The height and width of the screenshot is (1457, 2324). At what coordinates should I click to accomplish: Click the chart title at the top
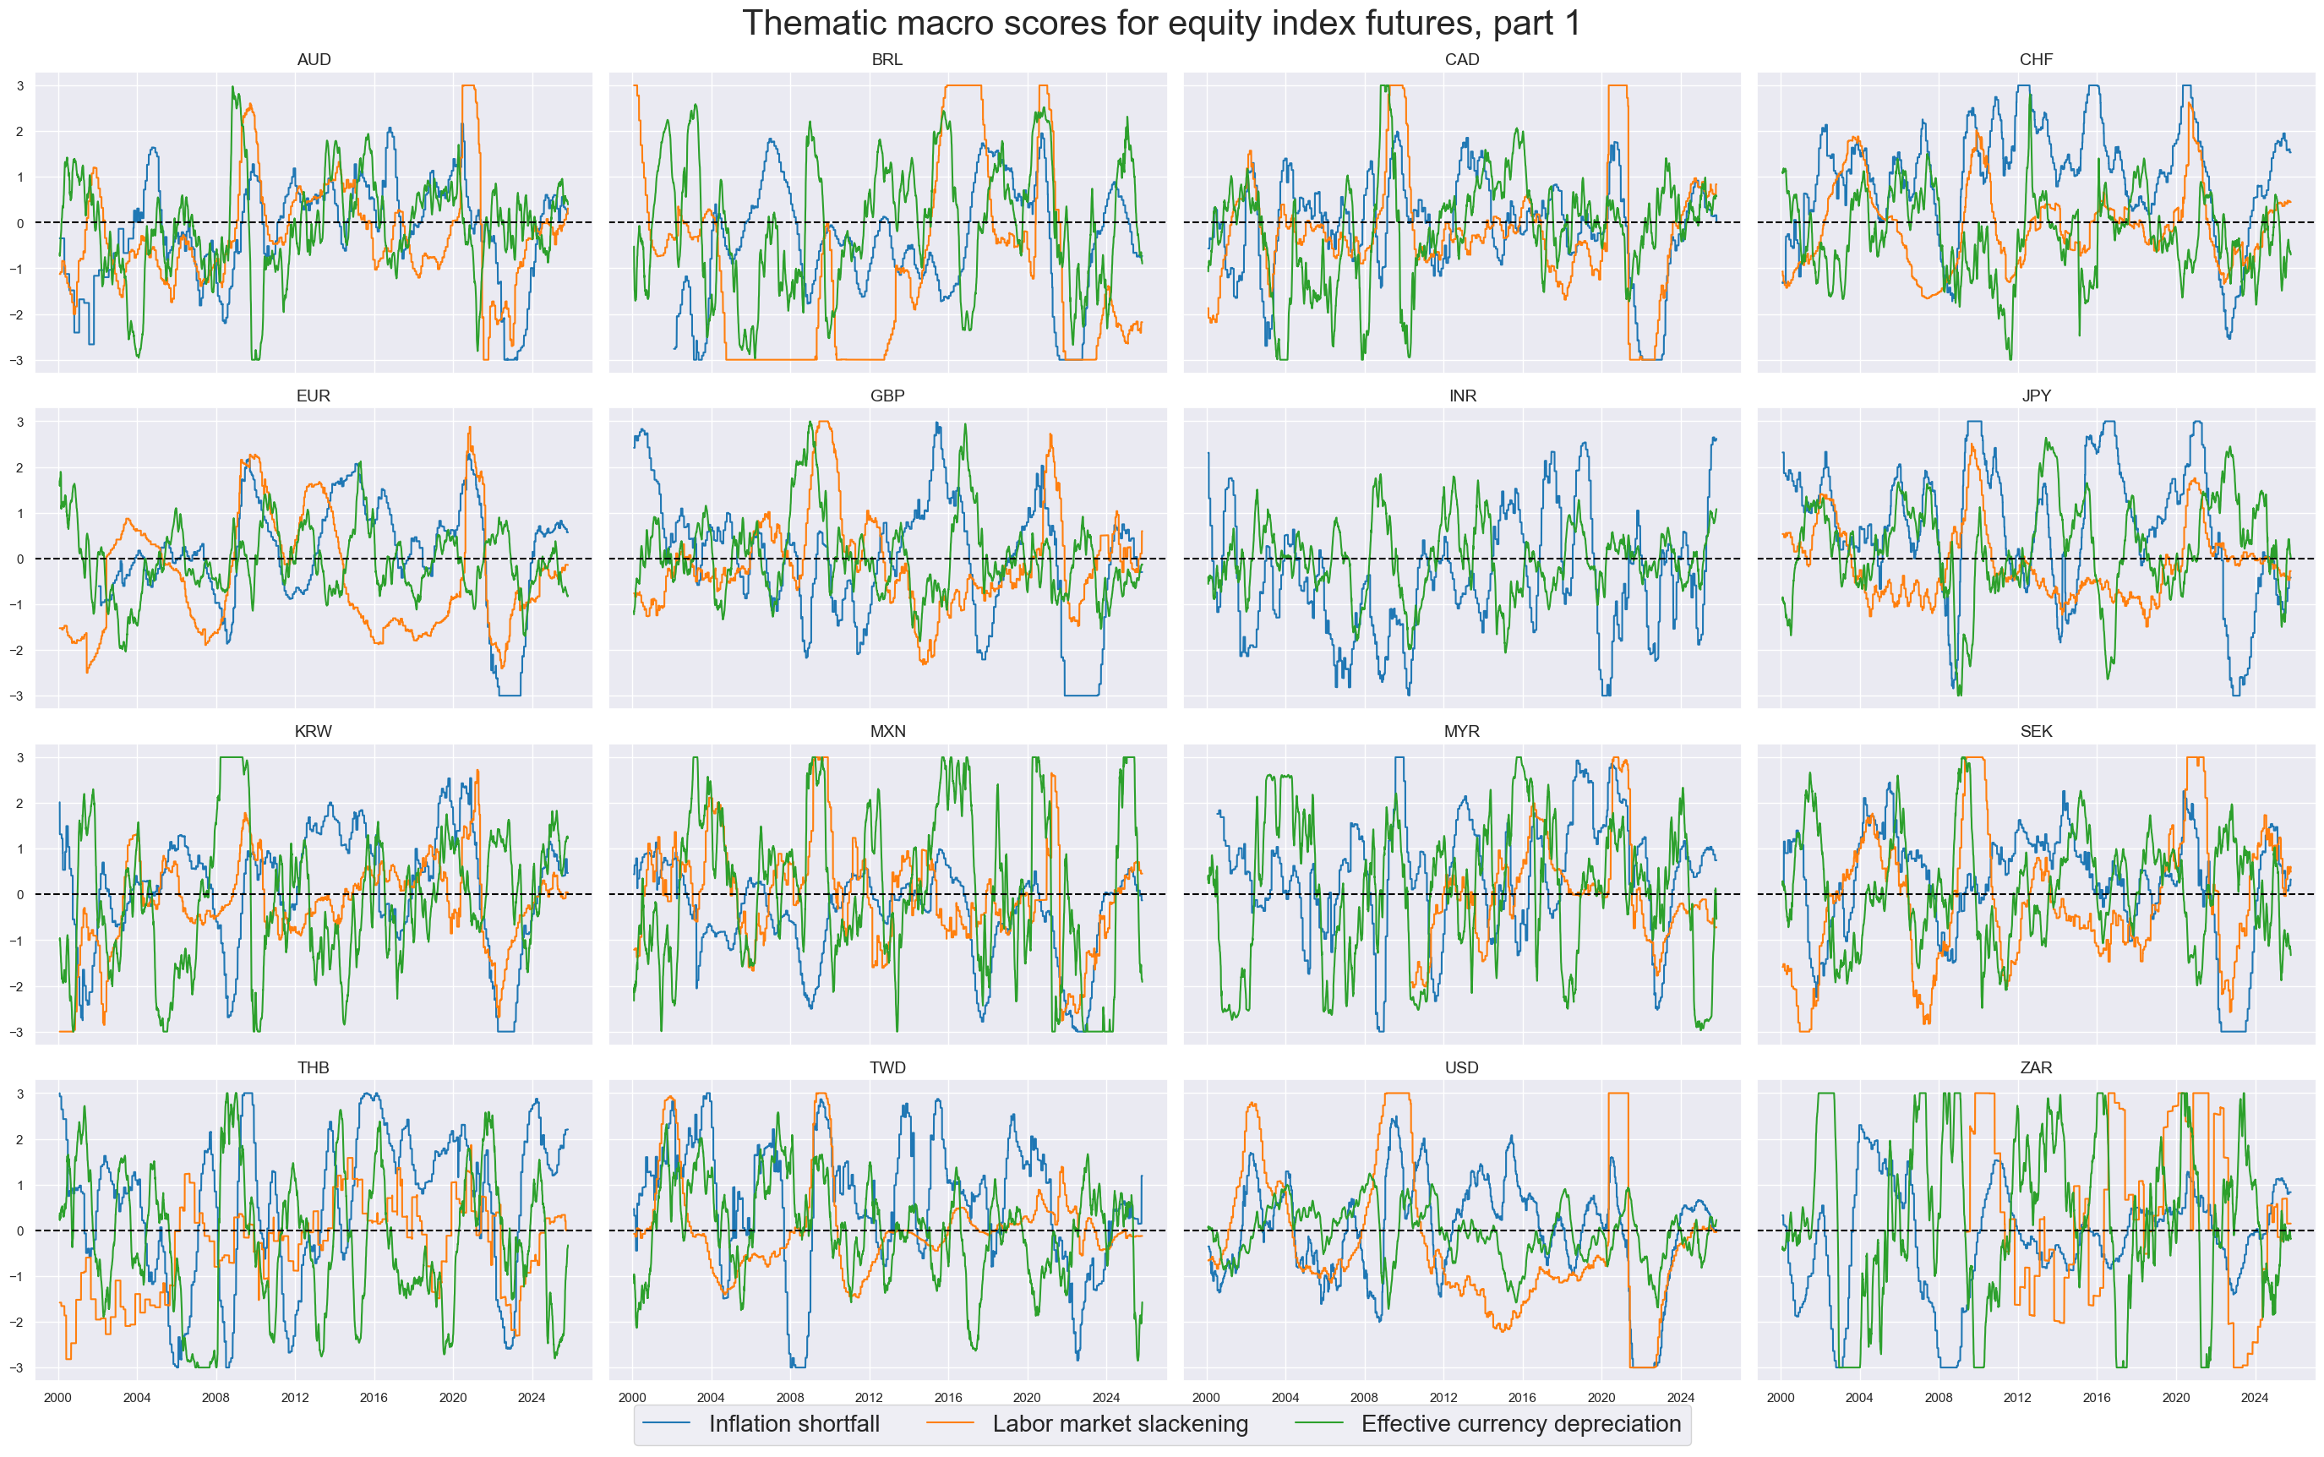[x=1161, y=23]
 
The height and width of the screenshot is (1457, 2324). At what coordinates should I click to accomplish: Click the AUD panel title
[x=314, y=60]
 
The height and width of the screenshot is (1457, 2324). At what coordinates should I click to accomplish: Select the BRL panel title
[x=887, y=60]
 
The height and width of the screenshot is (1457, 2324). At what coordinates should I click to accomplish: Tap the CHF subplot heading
[x=2035, y=60]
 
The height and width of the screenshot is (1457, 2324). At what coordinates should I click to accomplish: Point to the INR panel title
[x=1462, y=396]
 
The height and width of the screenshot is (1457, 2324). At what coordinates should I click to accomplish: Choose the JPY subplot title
[x=2035, y=396]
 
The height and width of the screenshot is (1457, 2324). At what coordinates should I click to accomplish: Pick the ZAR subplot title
[x=2035, y=1067]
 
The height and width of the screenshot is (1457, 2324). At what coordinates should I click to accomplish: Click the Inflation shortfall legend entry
[x=793, y=1424]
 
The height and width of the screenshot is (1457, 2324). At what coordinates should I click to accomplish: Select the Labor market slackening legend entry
[x=1120, y=1424]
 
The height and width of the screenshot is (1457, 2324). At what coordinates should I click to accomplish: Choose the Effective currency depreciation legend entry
[x=1519, y=1424]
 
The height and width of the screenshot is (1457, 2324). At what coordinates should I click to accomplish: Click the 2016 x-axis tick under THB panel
[x=374, y=1397]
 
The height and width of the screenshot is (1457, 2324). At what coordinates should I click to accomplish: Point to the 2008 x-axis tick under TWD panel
[x=789, y=1397]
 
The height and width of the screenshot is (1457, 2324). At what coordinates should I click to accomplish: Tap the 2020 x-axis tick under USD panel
[x=1601, y=1397]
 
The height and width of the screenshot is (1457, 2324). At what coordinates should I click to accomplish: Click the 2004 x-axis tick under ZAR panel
[x=1858, y=1397]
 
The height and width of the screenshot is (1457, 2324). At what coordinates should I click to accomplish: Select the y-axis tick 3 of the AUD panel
[x=19, y=85]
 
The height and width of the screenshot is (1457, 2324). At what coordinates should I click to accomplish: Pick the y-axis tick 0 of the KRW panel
[x=19, y=895]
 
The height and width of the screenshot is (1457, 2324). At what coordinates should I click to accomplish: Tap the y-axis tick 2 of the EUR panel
[x=19, y=468]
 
